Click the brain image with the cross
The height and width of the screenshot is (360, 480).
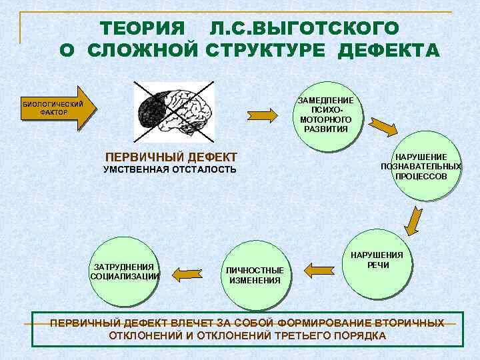coord(174,109)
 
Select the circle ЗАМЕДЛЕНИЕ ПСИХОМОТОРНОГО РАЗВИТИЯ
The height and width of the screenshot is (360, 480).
coord(325,113)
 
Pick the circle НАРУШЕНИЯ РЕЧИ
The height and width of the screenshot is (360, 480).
coord(377,261)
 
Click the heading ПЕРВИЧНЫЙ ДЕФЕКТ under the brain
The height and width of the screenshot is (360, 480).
coord(171,157)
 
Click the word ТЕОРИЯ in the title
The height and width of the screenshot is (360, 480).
coord(141,29)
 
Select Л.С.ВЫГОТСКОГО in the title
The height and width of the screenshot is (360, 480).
coord(304,29)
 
